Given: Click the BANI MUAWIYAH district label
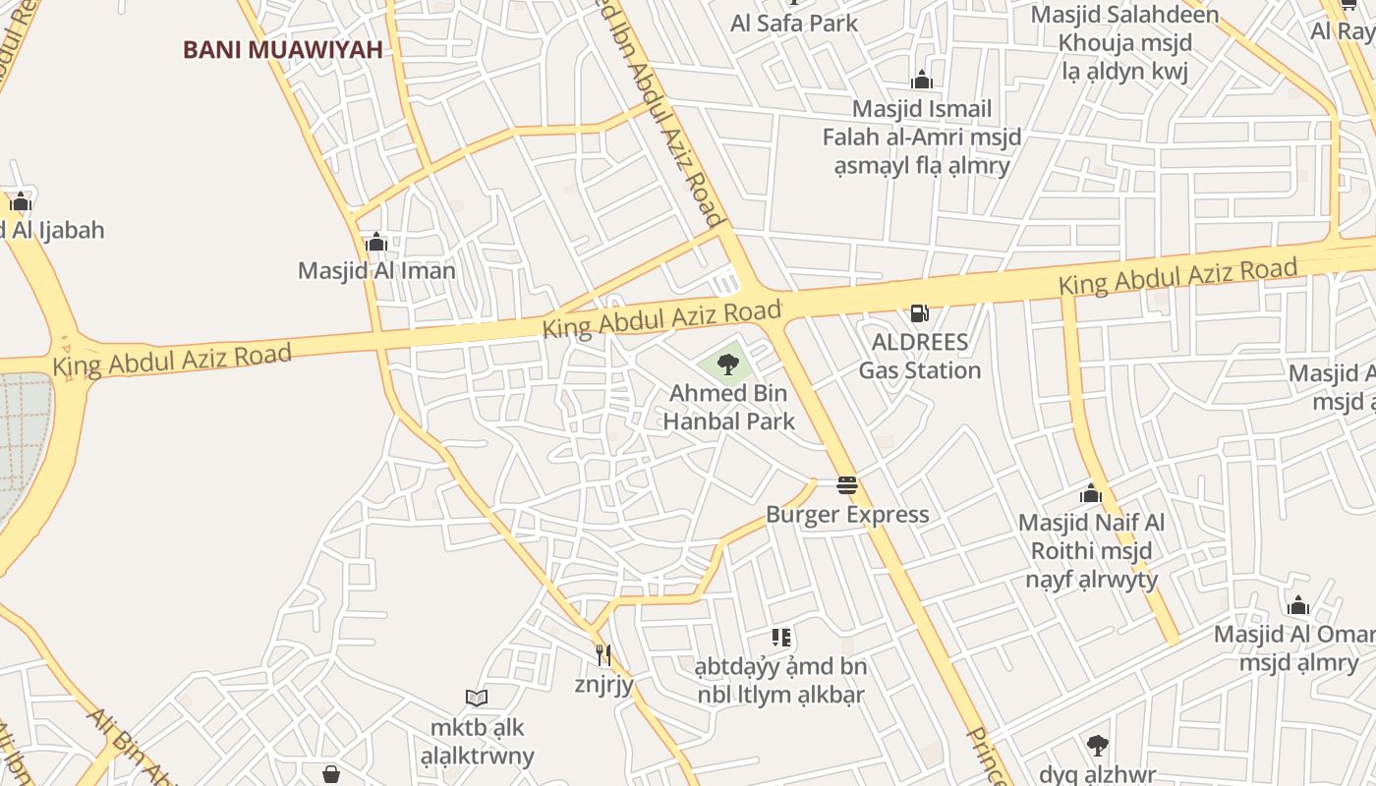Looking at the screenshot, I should (282, 49).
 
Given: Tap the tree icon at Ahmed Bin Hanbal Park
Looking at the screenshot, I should (727, 365).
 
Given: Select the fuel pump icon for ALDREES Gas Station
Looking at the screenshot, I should (920, 313).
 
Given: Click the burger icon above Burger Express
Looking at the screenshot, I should (847, 484).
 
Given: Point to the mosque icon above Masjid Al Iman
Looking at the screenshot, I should (375, 242).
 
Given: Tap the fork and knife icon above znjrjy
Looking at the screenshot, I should (603, 654).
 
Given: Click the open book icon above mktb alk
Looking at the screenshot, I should (477, 698).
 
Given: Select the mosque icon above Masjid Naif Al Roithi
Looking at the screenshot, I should (1091, 493).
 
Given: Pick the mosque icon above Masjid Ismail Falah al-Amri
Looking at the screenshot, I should (922, 80).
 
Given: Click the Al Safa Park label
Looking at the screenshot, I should (794, 24).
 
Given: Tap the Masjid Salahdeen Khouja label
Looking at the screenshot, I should (1124, 29).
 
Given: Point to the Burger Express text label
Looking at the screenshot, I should (847, 514).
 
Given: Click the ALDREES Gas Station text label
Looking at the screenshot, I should (920, 356).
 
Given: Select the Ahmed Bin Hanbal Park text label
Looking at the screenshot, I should (728, 408).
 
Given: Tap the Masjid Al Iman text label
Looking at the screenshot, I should (376, 270).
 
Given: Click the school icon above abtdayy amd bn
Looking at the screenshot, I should (781, 638).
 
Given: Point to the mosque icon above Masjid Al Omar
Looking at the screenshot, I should (1298, 605).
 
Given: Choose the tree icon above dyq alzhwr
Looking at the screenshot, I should (1097, 745).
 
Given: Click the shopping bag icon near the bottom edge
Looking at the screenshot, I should (331, 774).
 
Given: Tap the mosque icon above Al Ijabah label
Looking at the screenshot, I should (21, 202).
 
